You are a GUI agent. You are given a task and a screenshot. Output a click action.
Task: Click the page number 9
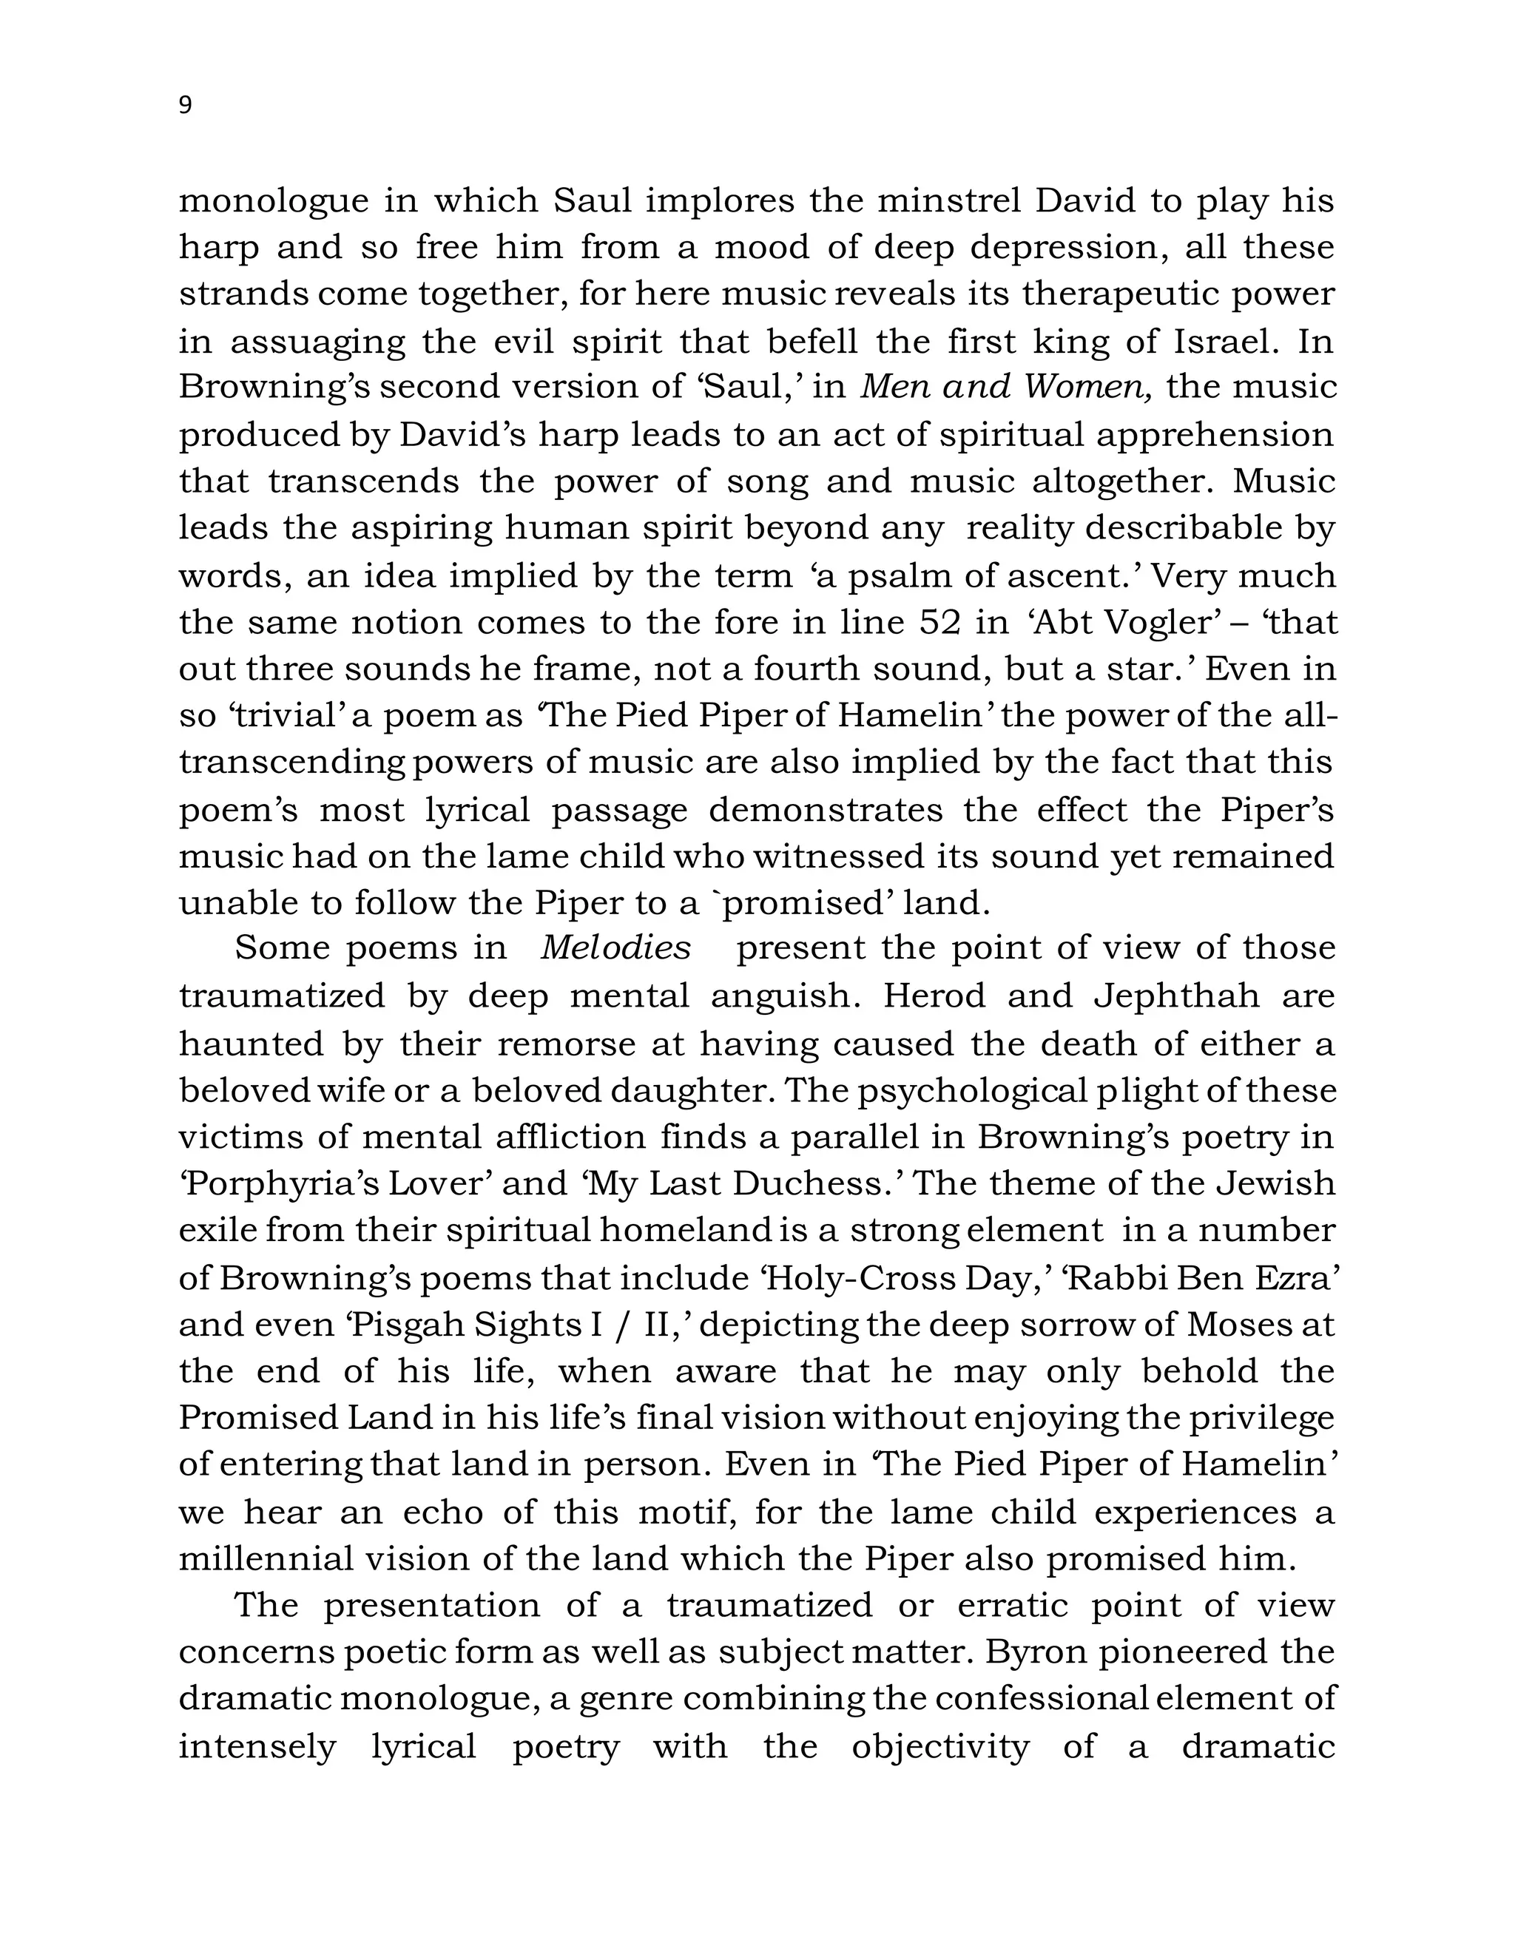[x=185, y=106]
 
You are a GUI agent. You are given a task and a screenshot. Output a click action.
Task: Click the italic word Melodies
[x=615, y=949]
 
